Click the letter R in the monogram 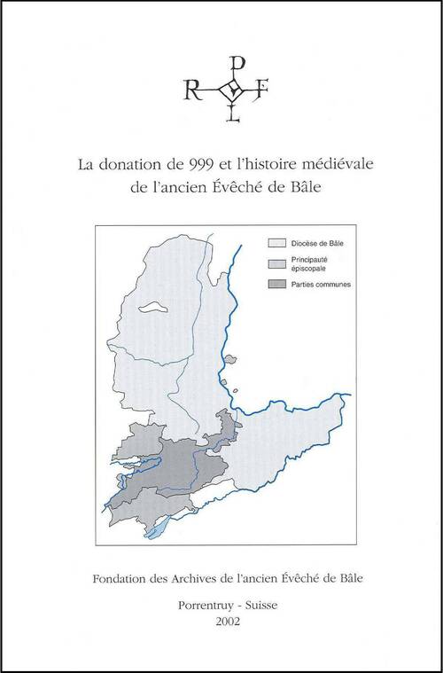(190, 90)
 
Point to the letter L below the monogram (233, 114)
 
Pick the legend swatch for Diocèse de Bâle (276, 241)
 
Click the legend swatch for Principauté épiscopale (276, 263)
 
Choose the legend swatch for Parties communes (276, 285)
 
